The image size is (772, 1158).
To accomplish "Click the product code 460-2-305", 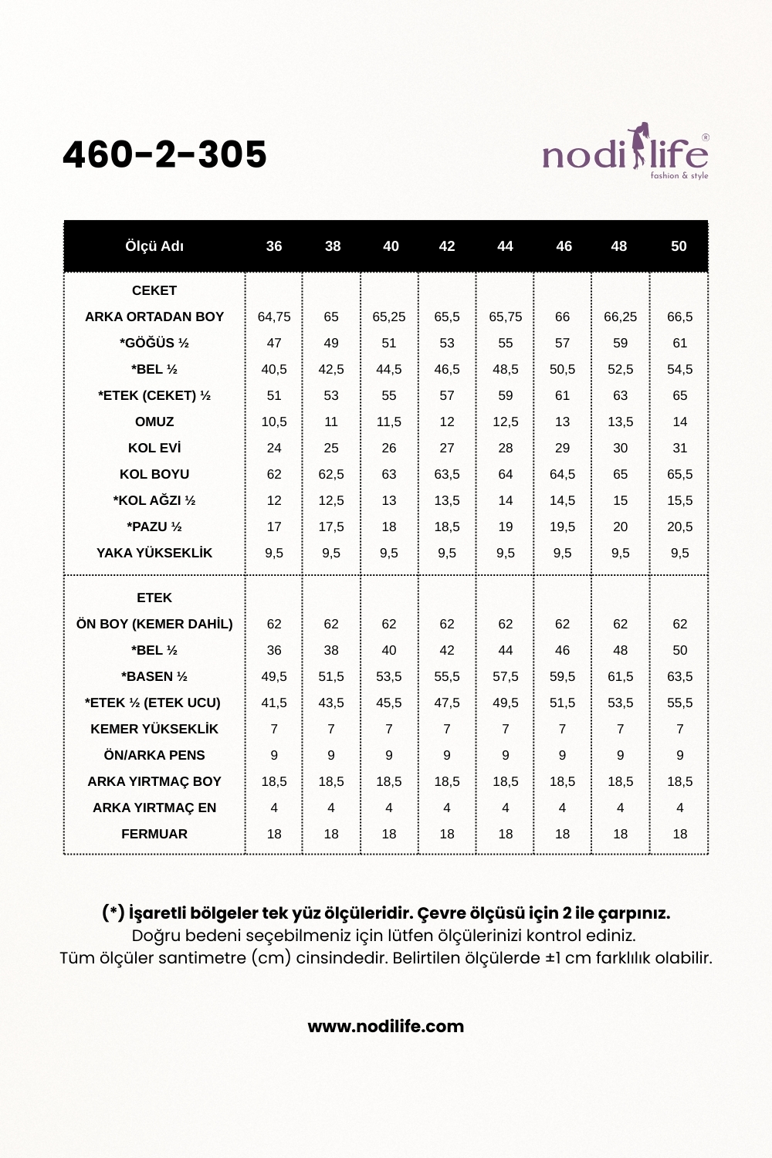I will click(164, 154).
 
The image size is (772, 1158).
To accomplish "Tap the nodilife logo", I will click(625, 152).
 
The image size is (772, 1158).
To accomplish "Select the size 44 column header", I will click(505, 246).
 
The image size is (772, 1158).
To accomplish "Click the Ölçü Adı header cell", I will click(154, 246).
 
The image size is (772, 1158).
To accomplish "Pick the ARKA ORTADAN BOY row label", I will click(154, 317).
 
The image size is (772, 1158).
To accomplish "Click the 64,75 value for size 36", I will click(274, 317).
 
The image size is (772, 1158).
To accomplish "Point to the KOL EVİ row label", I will click(154, 448).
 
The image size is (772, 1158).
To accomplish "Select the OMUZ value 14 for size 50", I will click(679, 422).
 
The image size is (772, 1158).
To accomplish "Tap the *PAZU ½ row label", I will click(154, 527).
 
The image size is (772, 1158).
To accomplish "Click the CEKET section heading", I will click(154, 290).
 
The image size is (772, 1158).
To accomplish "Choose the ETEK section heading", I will click(154, 598).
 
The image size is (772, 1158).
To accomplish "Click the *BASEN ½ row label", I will click(154, 676).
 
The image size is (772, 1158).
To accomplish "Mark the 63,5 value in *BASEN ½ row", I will click(679, 676).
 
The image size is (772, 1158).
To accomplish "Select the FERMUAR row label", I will click(154, 834).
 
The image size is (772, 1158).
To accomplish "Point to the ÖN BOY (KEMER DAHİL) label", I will click(154, 624).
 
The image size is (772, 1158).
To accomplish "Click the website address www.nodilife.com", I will click(386, 1026).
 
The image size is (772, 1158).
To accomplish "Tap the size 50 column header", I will click(679, 246).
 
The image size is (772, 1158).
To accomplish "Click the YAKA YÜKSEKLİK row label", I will click(154, 553).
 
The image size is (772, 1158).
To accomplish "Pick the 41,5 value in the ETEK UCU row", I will click(274, 703).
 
